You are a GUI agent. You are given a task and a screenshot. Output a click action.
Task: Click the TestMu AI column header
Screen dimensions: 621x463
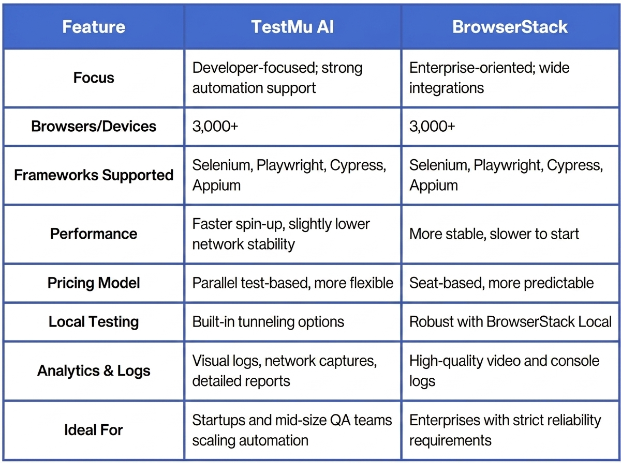click(x=292, y=27)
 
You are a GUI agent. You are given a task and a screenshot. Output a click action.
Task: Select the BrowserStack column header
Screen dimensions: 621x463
click(x=510, y=27)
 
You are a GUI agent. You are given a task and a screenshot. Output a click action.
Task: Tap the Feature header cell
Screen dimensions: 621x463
click(x=94, y=27)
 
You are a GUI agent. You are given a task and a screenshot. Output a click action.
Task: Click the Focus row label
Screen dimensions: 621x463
click(x=94, y=78)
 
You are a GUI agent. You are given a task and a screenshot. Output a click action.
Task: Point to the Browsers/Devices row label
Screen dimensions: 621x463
click(x=94, y=126)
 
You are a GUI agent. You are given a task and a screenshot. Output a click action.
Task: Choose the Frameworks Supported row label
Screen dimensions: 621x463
click(x=94, y=175)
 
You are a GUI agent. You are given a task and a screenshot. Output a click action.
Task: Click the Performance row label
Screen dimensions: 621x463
click(x=94, y=234)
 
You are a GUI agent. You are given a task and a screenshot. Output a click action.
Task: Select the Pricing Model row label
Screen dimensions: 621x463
click(x=94, y=283)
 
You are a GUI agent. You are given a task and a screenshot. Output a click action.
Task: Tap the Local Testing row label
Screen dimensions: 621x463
click(x=94, y=322)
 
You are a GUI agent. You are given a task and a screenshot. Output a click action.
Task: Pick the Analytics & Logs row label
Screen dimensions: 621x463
click(x=94, y=371)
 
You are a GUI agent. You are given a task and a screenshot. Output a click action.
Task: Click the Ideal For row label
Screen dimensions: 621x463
click(x=94, y=430)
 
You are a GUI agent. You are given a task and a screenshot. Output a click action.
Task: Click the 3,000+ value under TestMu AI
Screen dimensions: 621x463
click(x=215, y=126)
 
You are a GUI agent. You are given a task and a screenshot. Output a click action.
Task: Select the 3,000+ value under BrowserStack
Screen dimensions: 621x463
click(x=432, y=126)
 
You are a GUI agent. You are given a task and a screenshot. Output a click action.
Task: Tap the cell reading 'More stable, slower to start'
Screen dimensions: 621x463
click(x=494, y=234)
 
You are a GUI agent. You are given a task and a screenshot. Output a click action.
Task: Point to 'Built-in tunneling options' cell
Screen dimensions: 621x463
click(x=268, y=322)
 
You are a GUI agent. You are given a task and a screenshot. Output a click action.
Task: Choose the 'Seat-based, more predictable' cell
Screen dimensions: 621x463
click(x=501, y=283)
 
